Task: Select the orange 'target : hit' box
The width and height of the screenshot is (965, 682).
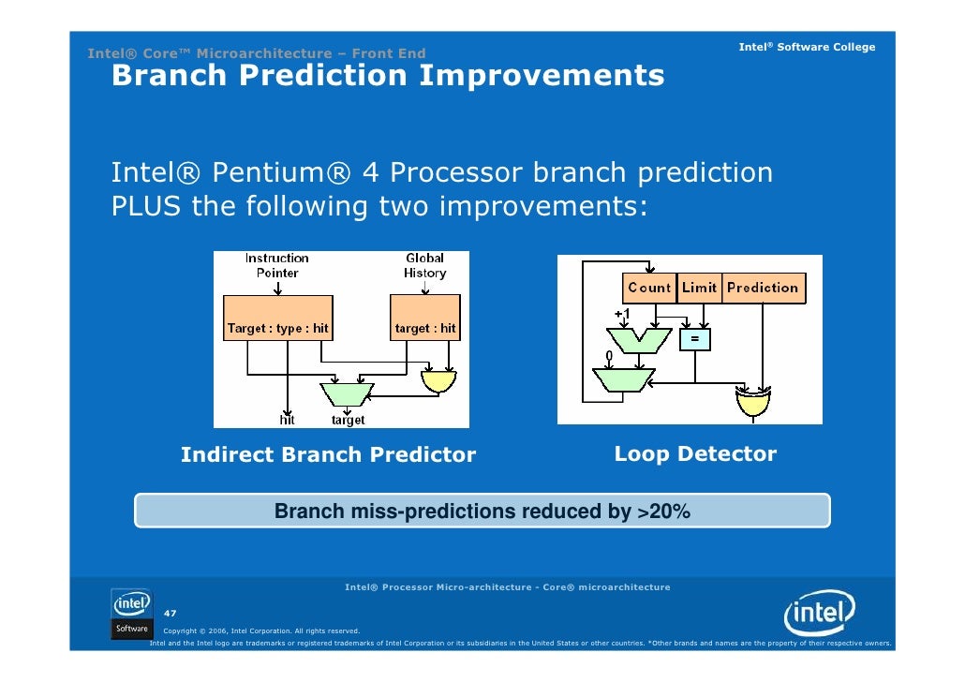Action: [425, 328]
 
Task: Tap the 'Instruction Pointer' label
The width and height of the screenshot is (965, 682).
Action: [277, 265]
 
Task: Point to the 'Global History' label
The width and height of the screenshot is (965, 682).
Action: [424, 265]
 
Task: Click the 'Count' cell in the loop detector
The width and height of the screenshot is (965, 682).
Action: [649, 288]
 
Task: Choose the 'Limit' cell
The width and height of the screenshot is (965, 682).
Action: [699, 288]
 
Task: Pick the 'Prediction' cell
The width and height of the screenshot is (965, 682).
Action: [762, 288]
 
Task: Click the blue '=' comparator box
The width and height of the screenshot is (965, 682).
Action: [694, 338]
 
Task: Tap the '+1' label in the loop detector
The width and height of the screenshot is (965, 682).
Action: [622, 313]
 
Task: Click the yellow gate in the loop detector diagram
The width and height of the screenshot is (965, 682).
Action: [752, 404]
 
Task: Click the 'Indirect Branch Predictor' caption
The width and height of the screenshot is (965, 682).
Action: [328, 455]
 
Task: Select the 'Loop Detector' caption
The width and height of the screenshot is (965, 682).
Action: [695, 454]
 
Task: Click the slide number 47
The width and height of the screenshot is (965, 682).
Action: [171, 614]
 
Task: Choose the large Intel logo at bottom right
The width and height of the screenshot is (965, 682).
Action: [820, 615]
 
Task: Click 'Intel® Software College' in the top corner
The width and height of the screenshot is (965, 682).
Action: [807, 47]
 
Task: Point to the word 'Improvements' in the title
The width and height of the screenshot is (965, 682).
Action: [541, 76]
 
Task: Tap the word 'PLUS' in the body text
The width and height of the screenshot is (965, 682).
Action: [147, 205]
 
